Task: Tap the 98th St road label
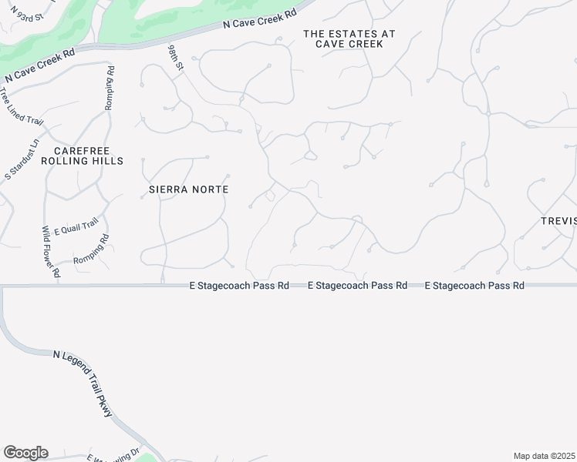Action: point(177,59)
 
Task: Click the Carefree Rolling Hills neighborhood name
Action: point(87,156)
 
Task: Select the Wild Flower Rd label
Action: point(51,251)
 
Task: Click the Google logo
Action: point(25,453)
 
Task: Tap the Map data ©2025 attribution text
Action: point(545,456)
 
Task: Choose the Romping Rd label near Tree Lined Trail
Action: point(110,88)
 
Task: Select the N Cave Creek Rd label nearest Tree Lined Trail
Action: point(39,65)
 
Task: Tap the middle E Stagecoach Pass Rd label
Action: point(357,286)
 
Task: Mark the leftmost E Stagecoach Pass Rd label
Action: point(239,286)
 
